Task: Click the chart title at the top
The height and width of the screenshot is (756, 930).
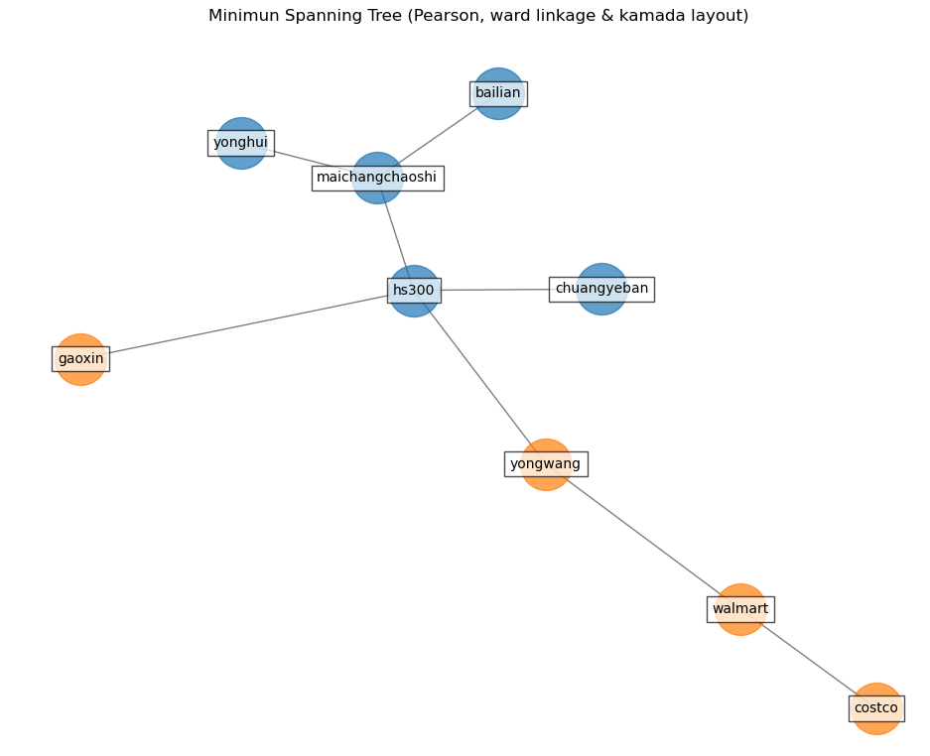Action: pos(478,16)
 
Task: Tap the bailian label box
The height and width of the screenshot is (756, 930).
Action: pos(498,93)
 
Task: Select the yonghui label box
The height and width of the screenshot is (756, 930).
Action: pos(240,143)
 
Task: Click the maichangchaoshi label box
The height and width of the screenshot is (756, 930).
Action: pos(377,179)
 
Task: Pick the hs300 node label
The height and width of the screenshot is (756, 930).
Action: pos(414,291)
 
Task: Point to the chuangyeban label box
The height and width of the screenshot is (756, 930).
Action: pos(601,289)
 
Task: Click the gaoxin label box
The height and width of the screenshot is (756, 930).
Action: pos(80,359)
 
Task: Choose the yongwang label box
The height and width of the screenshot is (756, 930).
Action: pos(546,463)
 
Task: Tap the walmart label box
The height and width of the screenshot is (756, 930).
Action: pos(740,609)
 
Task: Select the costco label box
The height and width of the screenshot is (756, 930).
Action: pos(876,708)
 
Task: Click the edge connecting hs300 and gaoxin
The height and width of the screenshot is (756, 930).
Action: pos(248,325)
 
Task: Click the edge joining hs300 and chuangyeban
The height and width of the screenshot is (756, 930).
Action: pos(496,290)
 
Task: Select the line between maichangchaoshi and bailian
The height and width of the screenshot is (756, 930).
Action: pos(442,133)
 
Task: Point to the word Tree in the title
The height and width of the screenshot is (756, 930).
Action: pos(362,16)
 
